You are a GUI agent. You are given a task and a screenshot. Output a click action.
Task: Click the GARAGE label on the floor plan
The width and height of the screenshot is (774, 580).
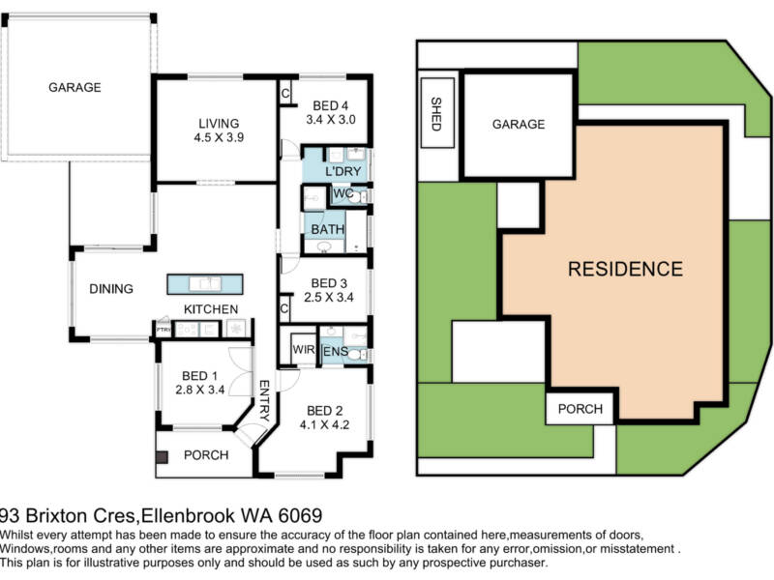point(74,87)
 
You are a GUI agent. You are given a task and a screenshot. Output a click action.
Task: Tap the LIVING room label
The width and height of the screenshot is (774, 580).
point(219,123)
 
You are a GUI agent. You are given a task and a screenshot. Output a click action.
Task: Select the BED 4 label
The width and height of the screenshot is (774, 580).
point(324,105)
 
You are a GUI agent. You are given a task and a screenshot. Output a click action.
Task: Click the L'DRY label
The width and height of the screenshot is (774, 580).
point(342,172)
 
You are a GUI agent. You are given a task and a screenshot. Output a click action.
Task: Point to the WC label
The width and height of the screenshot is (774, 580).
point(342,193)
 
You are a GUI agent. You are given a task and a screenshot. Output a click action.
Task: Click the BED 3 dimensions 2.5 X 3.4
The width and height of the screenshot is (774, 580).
point(324,298)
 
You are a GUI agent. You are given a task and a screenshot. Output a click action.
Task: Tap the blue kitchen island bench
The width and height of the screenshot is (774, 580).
point(205,284)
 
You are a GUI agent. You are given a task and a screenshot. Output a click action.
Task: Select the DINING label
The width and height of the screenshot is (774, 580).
point(111,289)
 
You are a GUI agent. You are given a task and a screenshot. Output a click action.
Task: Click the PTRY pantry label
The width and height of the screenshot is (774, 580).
point(164,330)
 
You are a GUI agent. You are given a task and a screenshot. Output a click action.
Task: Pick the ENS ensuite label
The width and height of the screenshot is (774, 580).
point(334,351)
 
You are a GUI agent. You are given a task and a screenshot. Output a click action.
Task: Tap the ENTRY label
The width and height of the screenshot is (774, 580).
point(263,400)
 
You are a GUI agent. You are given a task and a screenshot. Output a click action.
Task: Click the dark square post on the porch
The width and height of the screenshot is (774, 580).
point(163,456)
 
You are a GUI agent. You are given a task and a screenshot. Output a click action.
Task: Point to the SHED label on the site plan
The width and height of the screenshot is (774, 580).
point(435,114)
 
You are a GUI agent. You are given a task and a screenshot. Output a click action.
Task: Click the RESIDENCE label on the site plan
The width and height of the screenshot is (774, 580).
point(625,269)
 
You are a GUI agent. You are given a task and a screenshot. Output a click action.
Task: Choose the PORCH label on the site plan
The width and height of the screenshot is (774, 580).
point(580,409)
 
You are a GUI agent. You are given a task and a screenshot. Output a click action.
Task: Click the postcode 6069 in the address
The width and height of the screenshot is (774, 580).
point(294,516)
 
